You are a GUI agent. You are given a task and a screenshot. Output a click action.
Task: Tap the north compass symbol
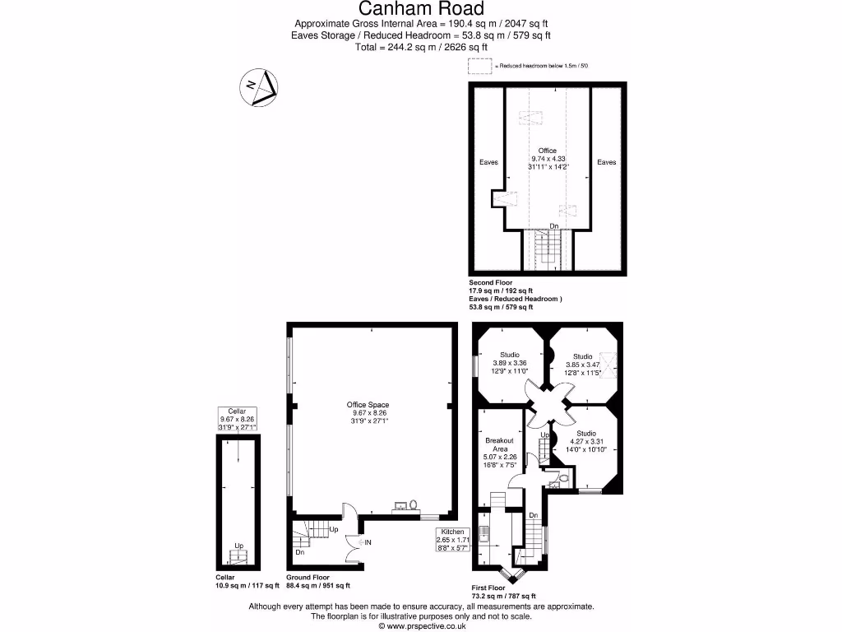click(x=260, y=87)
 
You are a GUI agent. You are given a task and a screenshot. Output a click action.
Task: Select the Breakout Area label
click(x=499, y=451)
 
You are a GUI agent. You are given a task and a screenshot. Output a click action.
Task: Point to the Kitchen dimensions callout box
click(x=458, y=541)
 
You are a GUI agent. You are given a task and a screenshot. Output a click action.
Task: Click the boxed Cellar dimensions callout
click(x=237, y=419)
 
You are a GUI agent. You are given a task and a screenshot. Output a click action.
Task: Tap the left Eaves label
click(x=488, y=163)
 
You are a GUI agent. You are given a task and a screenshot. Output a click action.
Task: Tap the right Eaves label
click(x=607, y=163)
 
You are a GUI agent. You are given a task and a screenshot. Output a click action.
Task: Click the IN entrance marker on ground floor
click(x=368, y=543)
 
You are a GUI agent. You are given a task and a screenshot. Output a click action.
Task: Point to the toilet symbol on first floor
click(x=562, y=476)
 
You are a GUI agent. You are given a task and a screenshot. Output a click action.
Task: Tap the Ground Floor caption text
click(x=308, y=578)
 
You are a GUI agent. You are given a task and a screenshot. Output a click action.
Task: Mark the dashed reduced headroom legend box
click(x=479, y=66)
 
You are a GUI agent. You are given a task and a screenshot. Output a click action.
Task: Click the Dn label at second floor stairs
click(x=554, y=225)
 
